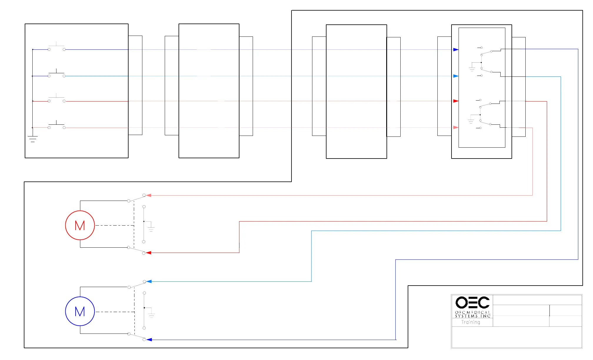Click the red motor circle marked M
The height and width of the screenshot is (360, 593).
pos(80,225)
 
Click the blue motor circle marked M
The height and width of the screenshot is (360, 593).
pos(80,311)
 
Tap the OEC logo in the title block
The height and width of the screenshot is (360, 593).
pos(472,302)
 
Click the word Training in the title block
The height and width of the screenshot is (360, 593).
pos(471,322)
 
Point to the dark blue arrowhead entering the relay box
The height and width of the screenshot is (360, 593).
pos(456,49)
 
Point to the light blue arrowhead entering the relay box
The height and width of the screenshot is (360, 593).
pos(456,76)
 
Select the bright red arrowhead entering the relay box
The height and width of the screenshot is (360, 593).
pos(456,101)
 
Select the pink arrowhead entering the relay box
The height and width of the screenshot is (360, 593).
pos(456,127)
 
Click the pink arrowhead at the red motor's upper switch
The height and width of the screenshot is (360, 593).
pos(149,195)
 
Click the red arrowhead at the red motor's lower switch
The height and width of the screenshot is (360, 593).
pos(149,253)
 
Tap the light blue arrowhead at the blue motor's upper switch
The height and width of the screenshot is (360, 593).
pos(149,281)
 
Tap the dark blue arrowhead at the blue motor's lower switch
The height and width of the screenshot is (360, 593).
pos(149,340)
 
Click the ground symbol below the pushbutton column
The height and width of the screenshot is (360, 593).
pos(33,139)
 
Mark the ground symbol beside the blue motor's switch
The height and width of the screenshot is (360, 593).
pos(151,314)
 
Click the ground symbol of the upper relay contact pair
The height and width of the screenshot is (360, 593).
pos(472,69)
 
